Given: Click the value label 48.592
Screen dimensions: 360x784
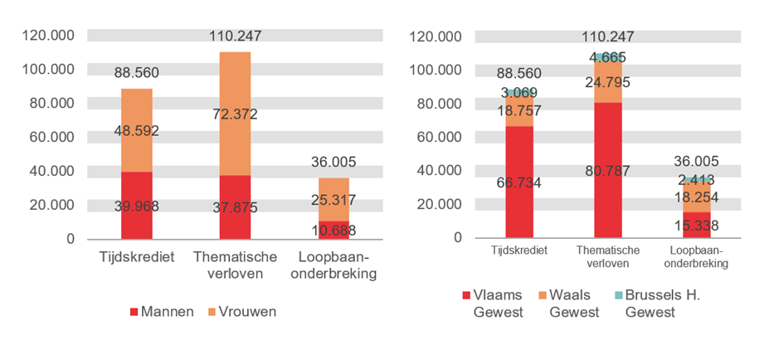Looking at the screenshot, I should (x=137, y=130).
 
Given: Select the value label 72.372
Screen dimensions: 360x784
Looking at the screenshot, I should (x=235, y=114).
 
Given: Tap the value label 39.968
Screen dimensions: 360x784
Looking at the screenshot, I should (x=137, y=205).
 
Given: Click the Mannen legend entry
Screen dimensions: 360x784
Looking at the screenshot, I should (x=163, y=312).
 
